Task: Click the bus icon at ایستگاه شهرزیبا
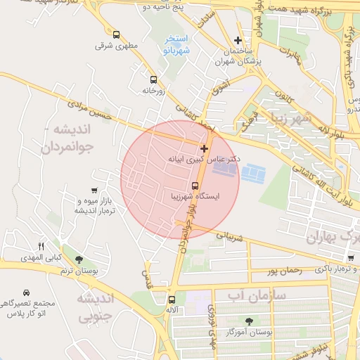tap(195, 186)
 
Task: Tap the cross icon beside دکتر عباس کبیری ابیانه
tap(204, 148)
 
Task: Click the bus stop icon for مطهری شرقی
tap(115, 34)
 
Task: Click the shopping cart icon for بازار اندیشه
tap(94, 190)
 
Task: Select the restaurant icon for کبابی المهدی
tap(41, 246)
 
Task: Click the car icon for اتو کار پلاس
tap(26, 292)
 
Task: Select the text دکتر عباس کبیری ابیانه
tap(204, 160)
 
